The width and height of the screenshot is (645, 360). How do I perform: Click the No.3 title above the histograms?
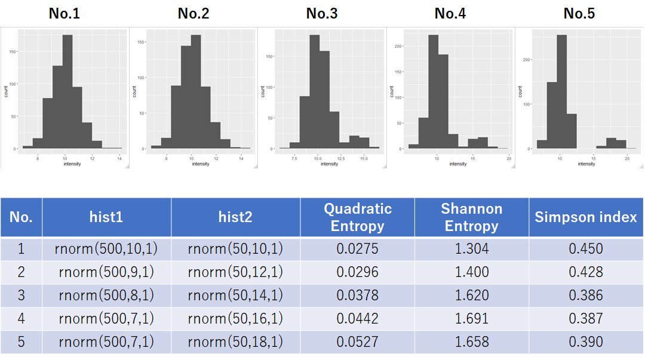coord(322,13)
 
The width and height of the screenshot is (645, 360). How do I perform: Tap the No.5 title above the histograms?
coord(579,13)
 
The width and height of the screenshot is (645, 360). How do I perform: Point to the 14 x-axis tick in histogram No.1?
coord(119,158)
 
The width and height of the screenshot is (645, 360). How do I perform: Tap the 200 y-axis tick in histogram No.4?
coord(399,46)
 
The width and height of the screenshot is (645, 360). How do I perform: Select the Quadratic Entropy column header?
coord(357,217)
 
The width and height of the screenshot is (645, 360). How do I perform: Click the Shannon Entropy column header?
coord(471,217)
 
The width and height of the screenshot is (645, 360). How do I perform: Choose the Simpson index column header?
coord(586,217)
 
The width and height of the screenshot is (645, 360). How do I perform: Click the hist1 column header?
coord(106,217)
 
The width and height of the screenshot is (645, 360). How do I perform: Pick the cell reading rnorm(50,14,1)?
coord(235,296)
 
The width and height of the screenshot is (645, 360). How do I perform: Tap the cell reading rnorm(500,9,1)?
coord(106,272)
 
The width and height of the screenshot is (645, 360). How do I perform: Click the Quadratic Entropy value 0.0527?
coord(357,342)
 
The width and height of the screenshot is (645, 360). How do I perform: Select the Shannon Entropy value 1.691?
coord(471,319)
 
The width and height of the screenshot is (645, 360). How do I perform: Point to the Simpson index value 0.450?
coord(586,249)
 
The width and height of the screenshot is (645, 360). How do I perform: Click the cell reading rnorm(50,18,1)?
coord(235,342)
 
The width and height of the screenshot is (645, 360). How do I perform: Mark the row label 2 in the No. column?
coord(21,272)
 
